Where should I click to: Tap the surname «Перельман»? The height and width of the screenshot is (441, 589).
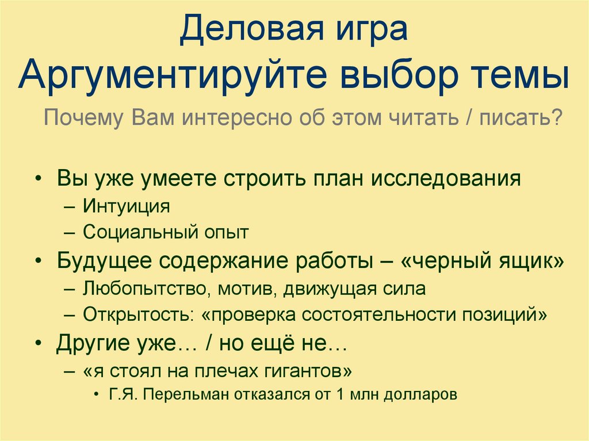coord(188,395)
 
